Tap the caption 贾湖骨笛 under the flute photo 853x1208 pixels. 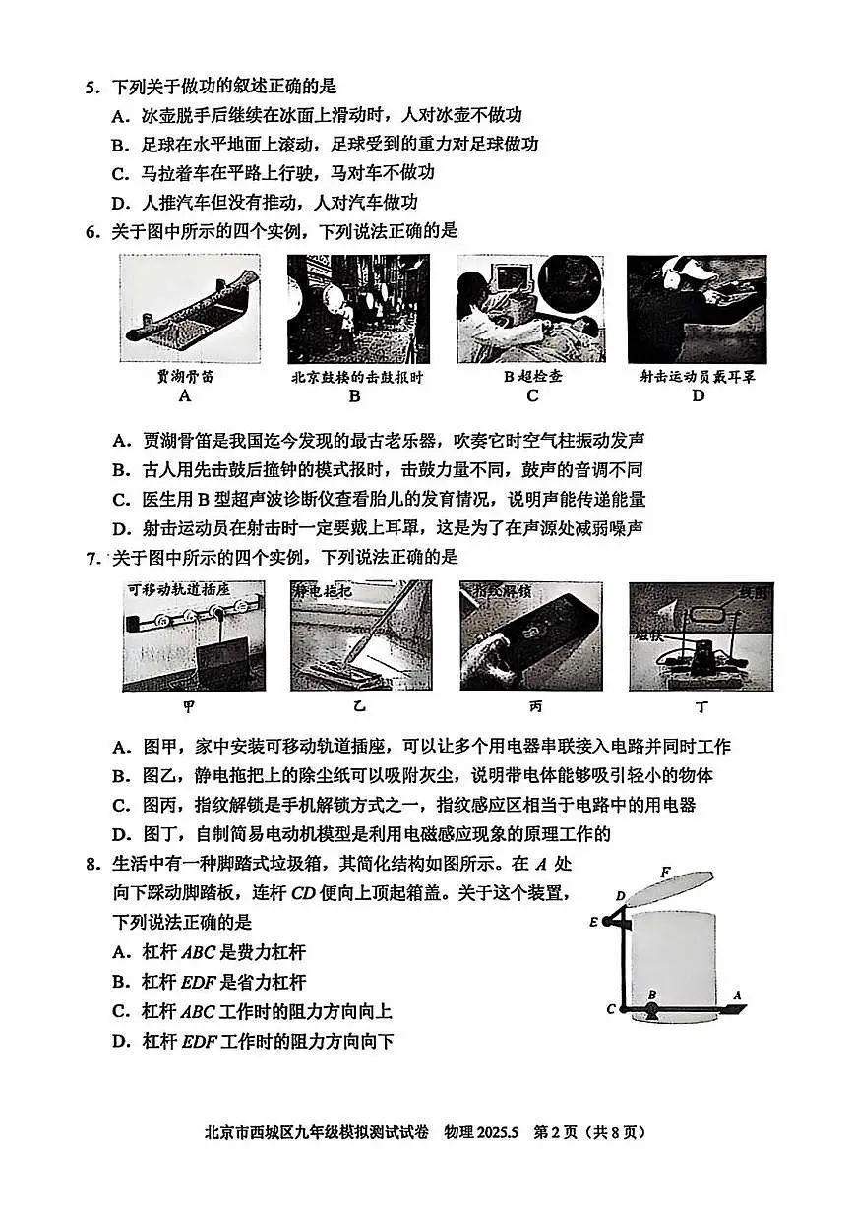click(x=184, y=377)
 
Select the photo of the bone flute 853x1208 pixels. click(x=189, y=310)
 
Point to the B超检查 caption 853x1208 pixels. click(x=532, y=377)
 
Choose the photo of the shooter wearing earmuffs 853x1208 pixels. click(x=697, y=310)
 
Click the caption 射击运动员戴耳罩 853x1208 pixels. click(x=697, y=377)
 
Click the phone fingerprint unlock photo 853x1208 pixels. click(x=529, y=636)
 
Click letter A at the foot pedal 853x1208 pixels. click(x=736, y=996)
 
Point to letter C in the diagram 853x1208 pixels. click(x=611, y=1009)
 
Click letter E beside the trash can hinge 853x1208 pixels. click(x=593, y=922)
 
